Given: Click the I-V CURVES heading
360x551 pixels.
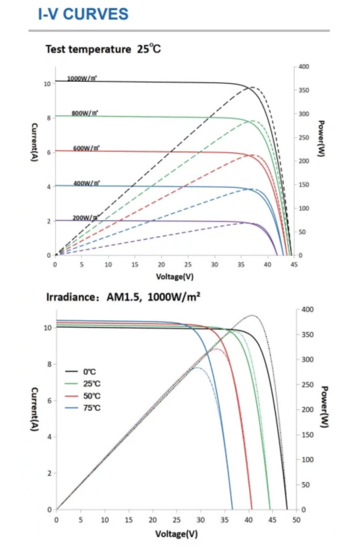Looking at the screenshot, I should [83, 14].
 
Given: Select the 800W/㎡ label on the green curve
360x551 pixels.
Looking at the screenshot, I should [85, 114].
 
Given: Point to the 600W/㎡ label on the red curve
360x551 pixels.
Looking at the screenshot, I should [86, 148].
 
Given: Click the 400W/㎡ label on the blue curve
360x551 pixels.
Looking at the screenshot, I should [87, 183].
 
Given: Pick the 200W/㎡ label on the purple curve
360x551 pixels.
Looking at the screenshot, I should [85, 217].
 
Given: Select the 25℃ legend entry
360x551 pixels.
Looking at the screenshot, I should [90, 384].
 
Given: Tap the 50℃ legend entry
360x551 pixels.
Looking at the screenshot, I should [90, 396].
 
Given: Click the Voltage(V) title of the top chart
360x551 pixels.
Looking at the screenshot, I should [174, 277].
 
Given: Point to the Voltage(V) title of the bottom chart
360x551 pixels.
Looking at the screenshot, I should [176, 534].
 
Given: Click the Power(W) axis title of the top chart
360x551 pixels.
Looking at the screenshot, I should [321, 138].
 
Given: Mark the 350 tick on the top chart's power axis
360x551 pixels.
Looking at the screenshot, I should [304, 90].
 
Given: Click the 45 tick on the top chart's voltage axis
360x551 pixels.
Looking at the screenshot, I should [293, 265].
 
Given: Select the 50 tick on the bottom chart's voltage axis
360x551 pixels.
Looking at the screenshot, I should [297, 520].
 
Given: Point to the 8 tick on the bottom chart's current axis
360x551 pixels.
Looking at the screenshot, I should [50, 364].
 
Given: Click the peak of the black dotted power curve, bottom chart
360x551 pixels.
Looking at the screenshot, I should [252, 315].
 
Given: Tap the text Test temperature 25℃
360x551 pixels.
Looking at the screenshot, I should [103, 50].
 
